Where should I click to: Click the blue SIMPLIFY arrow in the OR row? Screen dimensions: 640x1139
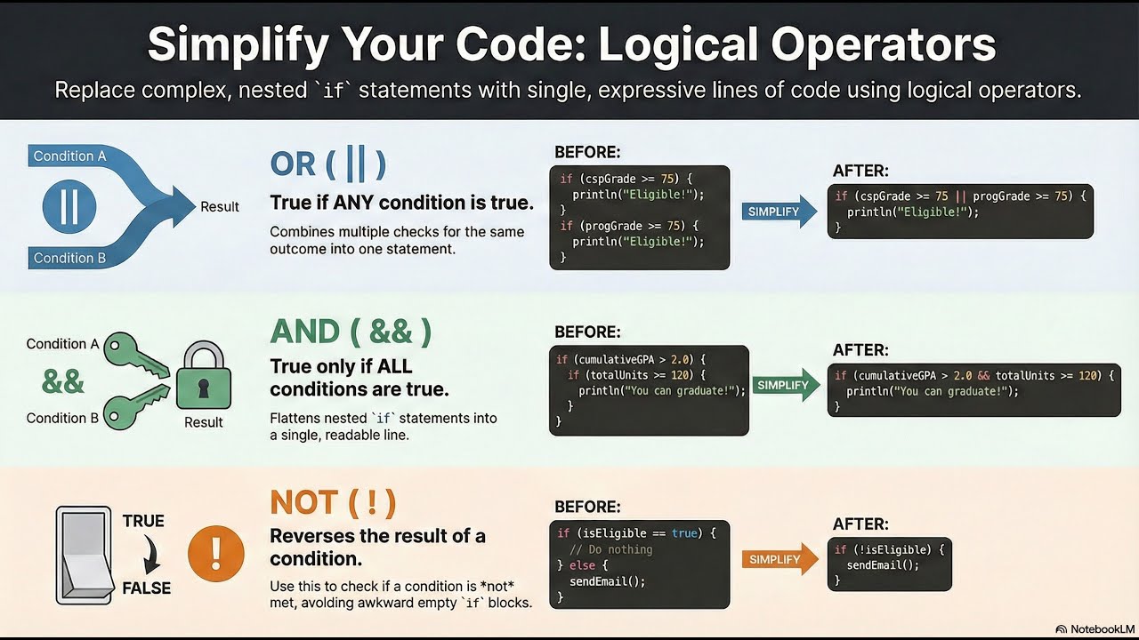tap(778, 212)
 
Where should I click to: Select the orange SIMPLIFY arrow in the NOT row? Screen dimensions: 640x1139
tap(779, 559)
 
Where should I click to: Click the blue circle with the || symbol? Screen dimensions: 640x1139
tap(69, 206)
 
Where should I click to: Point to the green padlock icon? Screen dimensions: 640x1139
tap(204, 377)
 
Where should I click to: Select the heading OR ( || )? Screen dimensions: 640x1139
tap(327, 164)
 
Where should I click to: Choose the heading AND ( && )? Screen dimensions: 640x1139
tap(351, 332)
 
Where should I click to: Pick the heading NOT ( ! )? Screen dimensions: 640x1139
tap(332, 502)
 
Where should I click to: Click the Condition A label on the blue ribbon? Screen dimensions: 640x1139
tap(69, 156)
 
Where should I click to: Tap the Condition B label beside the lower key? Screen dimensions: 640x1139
tap(62, 418)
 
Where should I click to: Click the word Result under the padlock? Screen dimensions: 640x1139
tap(203, 422)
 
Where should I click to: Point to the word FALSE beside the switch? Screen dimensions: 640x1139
tap(146, 588)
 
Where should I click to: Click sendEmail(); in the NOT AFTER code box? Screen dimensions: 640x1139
tap(883, 564)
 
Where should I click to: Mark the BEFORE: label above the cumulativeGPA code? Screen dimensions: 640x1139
tap(587, 332)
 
